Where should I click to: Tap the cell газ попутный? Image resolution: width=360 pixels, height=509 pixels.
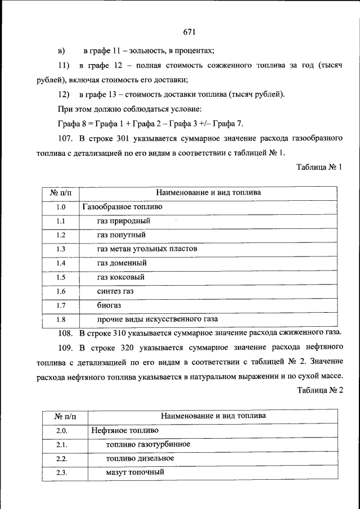pos(121,235)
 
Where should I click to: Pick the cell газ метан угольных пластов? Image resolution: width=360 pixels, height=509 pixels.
pos(146,249)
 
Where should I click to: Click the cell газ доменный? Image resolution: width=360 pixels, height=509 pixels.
pos(121,263)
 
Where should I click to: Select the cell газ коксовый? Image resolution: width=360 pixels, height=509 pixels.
pos(120,277)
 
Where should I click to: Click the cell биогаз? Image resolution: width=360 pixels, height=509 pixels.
pos(109,305)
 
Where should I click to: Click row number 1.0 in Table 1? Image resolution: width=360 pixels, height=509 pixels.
pos(61,207)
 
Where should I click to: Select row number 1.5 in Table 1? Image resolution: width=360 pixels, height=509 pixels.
pos(61,277)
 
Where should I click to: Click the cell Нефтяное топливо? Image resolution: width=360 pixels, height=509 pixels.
pos(124,430)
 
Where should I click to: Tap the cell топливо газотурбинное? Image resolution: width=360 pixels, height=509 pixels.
pos(147,444)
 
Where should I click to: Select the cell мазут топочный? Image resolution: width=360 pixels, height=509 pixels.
pos(134,472)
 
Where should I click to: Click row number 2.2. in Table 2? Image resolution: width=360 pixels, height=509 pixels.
pos(62,458)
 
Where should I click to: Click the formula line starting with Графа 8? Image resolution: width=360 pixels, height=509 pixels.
pos(151,123)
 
